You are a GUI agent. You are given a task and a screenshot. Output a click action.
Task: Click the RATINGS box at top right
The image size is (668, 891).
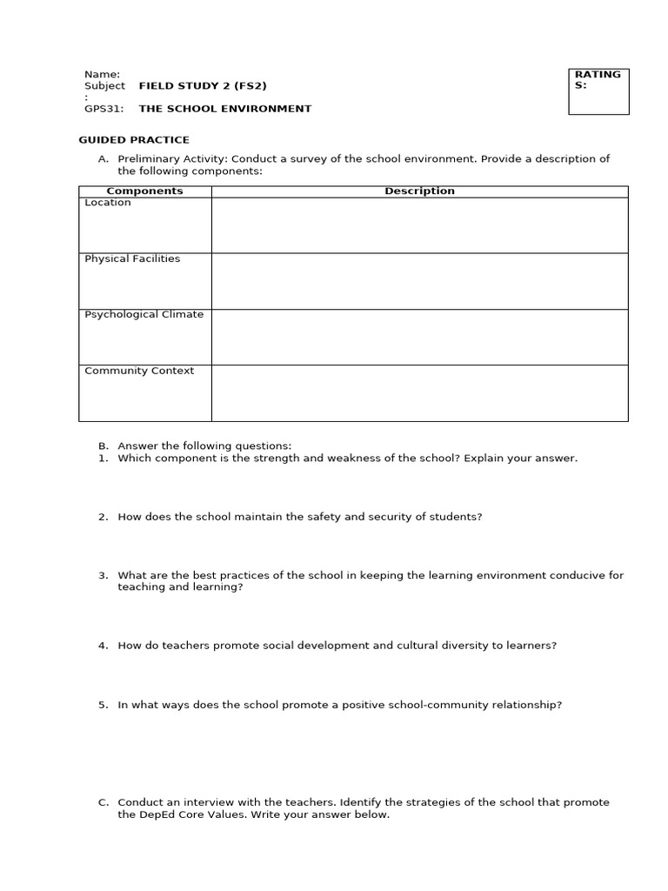pos(598,91)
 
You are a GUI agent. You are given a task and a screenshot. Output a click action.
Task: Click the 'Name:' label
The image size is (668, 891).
pos(102,75)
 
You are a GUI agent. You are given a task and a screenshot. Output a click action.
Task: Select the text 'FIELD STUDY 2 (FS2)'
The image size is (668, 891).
pos(203,86)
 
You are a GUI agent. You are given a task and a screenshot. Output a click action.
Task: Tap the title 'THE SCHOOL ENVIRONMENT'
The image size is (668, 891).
pos(224,109)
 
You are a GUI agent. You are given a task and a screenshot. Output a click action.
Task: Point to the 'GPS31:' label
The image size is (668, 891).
pos(104,109)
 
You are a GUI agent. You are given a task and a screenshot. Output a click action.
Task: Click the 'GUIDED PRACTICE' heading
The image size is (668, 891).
pos(134,140)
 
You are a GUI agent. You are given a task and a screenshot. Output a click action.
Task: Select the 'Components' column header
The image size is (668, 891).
pos(144,191)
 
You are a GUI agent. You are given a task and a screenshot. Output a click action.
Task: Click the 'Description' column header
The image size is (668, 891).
pos(419,191)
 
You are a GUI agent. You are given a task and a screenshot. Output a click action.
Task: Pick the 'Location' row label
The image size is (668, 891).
pos(108,203)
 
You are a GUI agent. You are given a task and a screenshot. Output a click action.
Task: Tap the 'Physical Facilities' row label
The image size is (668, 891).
pos(132,259)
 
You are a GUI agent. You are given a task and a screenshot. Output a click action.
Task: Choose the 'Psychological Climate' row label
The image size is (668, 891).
pos(144,315)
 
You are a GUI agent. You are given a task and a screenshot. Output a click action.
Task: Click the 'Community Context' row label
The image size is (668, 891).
pos(139,371)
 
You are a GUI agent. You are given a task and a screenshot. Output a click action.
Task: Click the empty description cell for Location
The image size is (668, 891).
pos(419,225)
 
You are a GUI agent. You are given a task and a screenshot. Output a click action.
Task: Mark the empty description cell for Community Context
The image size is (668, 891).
pos(419,393)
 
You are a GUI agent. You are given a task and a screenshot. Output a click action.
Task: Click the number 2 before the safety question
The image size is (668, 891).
pos(103,517)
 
